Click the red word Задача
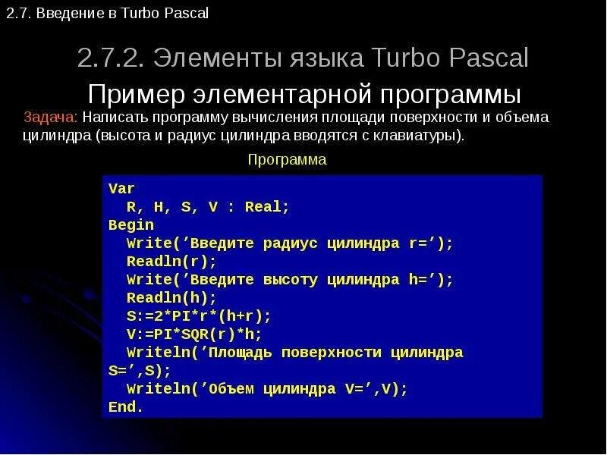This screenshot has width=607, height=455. point(50,118)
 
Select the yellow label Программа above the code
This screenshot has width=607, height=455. point(287,159)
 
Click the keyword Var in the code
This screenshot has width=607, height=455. point(121,188)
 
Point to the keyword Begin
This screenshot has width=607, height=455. point(131,225)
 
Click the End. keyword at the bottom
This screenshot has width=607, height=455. point(126,407)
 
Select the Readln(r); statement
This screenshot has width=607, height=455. point(171,262)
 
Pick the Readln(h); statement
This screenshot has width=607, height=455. point(171,298)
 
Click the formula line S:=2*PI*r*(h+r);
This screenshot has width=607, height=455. point(199,316)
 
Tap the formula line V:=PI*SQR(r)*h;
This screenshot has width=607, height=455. point(193,334)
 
